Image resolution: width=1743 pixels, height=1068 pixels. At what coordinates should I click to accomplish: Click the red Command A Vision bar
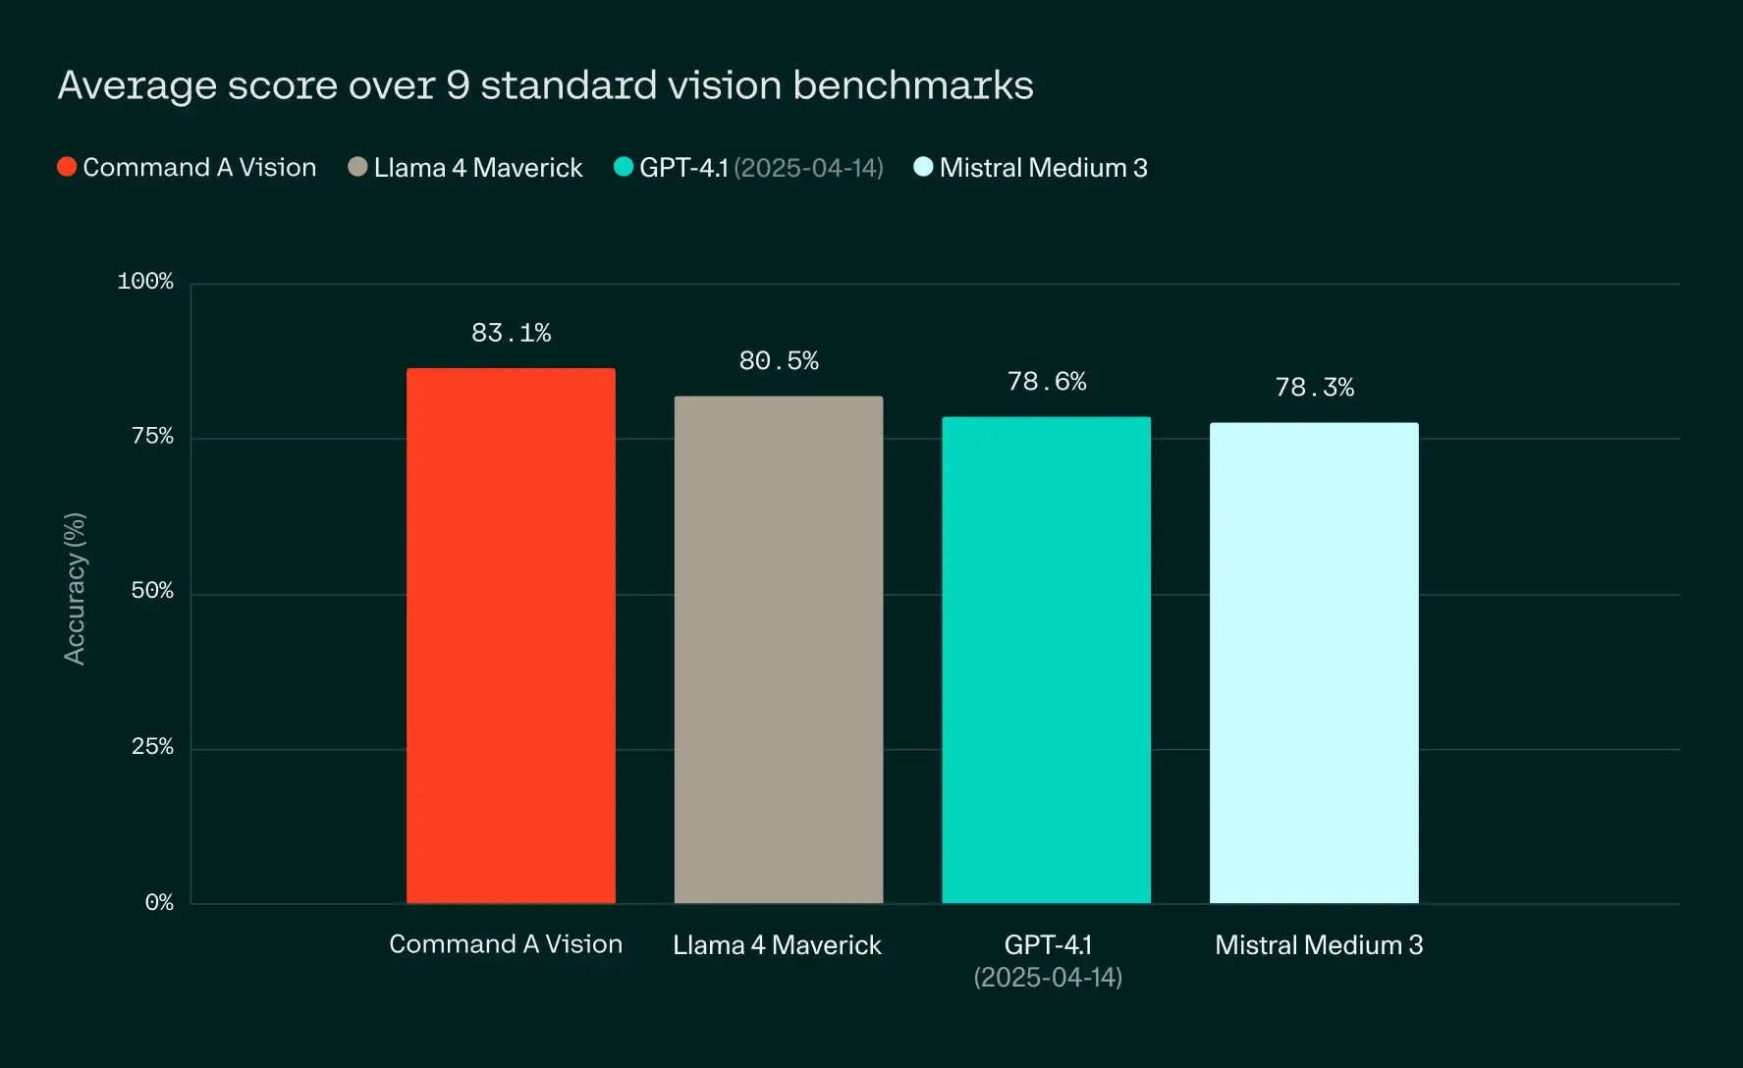click(511, 636)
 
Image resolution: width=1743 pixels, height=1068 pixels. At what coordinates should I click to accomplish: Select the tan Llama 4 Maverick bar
click(779, 650)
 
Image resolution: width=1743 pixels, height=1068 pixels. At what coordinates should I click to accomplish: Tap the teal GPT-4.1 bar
click(1046, 660)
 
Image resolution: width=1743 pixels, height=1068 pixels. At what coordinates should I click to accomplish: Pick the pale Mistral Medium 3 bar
click(1314, 663)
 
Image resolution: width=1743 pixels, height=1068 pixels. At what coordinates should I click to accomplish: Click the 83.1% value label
click(511, 334)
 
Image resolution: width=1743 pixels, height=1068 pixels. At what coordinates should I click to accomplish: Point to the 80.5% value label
click(779, 361)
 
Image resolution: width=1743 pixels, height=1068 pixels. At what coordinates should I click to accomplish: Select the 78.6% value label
click(1047, 382)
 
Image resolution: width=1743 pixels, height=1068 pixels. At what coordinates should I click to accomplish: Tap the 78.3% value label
click(1314, 388)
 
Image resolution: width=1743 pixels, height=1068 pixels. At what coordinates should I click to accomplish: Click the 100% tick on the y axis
click(145, 282)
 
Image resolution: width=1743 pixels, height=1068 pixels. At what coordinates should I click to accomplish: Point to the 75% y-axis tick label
click(152, 437)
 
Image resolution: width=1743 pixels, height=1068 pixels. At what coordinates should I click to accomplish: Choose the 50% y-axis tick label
click(152, 591)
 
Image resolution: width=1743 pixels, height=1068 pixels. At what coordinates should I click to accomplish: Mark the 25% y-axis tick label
click(152, 747)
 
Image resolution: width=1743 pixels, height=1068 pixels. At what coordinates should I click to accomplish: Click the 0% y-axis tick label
click(159, 902)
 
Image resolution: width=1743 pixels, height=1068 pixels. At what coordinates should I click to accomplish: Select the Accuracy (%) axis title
click(75, 589)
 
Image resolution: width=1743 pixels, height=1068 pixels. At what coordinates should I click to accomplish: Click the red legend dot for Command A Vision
click(67, 167)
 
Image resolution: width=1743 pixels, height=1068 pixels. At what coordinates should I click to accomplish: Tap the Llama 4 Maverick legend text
click(478, 168)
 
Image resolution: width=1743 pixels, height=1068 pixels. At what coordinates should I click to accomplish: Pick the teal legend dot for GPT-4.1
click(624, 167)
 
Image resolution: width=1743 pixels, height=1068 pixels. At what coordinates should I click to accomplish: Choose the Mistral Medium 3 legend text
click(1043, 168)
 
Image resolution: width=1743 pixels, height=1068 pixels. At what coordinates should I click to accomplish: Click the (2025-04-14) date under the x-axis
click(1048, 978)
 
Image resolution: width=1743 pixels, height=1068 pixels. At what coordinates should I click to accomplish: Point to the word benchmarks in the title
click(913, 85)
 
